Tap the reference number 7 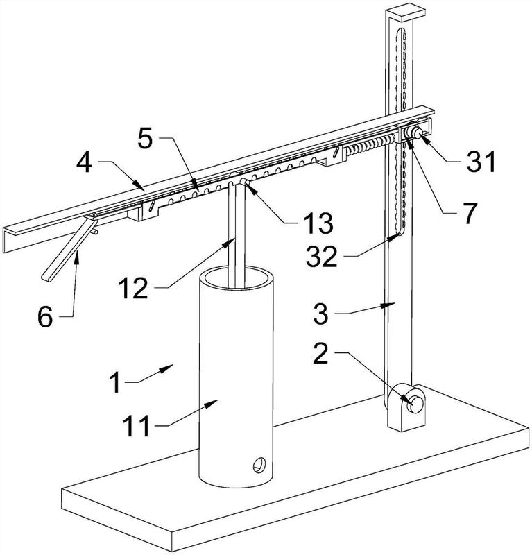(x=470, y=213)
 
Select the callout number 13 (x=320, y=223)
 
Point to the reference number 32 (x=321, y=256)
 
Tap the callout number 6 (x=45, y=317)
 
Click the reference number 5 (x=145, y=138)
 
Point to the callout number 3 (x=321, y=314)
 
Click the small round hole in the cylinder (x=259, y=465)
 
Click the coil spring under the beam (x=370, y=145)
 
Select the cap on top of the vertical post (x=405, y=13)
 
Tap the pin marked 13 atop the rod (x=245, y=181)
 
